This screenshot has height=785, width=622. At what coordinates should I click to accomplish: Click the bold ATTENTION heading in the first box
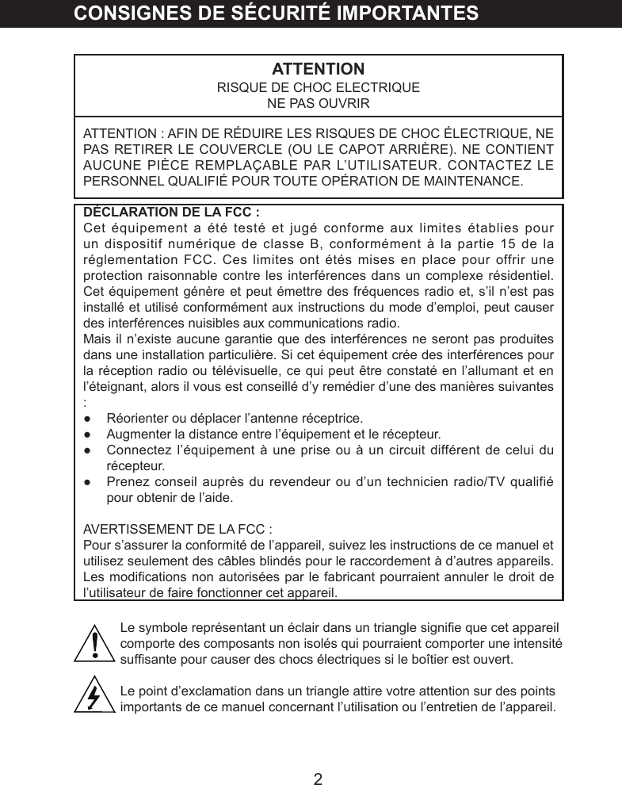[318, 69]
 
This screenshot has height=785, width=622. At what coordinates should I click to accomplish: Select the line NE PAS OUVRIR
[318, 104]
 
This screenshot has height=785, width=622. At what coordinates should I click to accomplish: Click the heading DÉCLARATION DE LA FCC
[171, 212]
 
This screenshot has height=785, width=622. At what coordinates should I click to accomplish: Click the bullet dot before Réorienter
[88, 418]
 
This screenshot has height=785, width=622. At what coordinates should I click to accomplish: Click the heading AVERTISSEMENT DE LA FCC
[178, 530]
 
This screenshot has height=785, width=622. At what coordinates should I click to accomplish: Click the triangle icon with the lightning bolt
[94, 695]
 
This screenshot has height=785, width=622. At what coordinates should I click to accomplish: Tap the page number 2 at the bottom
[318, 779]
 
